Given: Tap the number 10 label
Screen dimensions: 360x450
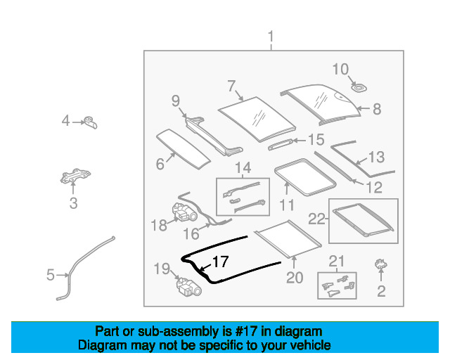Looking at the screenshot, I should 340,69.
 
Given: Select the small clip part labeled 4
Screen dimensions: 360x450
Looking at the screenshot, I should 90,122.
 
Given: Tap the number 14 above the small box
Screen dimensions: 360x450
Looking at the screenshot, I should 243,168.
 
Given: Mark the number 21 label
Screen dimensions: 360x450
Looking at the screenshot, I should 337,262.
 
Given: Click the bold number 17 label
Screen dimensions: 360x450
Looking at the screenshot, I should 220,262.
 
